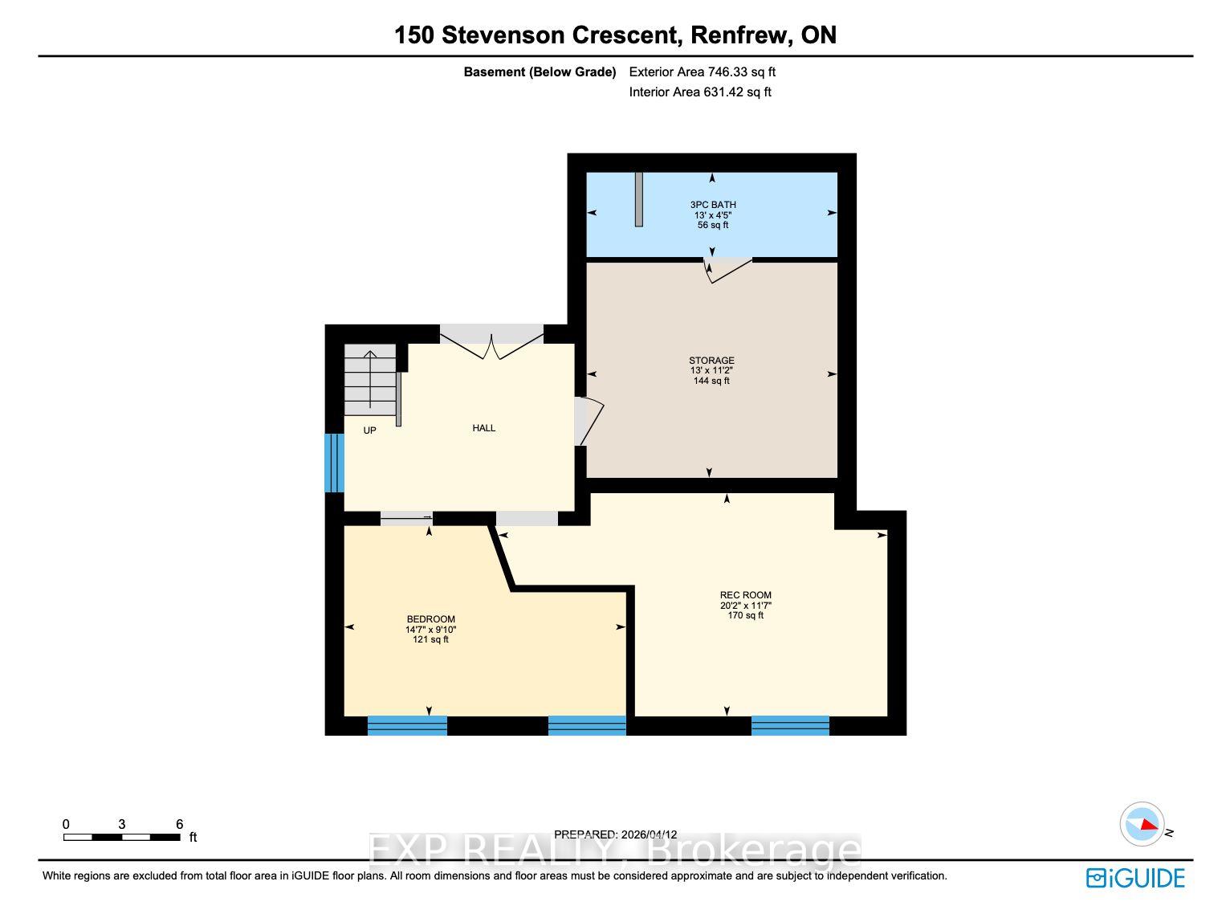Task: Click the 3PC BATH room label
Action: (713, 205)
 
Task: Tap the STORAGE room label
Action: (711, 361)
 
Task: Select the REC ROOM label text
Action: (746, 595)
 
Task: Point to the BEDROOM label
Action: (431, 619)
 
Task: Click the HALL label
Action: (483, 428)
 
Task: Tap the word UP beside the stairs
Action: (370, 430)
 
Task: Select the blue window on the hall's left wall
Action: (334, 463)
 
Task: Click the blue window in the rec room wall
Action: (790, 726)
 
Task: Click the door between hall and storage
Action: (588, 421)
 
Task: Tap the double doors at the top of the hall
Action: (492, 341)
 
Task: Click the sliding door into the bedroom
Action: (406, 518)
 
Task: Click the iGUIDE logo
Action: (1135, 879)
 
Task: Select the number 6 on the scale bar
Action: (179, 824)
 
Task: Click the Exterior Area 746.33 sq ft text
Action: (702, 72)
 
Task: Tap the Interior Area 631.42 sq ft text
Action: (700, 92)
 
